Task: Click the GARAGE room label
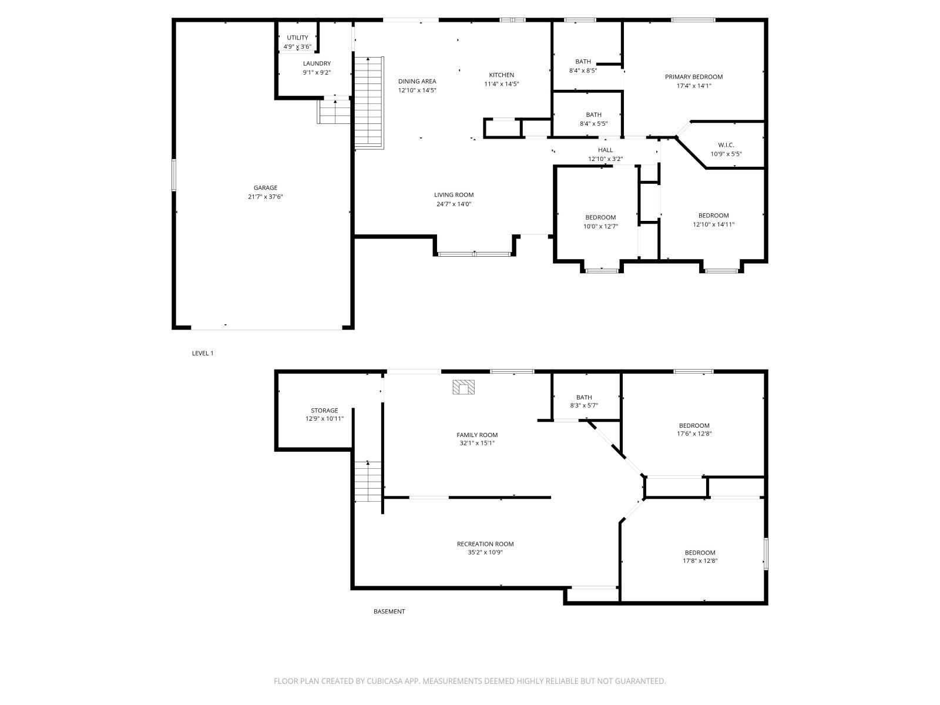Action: point(266,188)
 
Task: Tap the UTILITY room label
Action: point(297,38)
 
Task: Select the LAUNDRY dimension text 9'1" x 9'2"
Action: point(317,73)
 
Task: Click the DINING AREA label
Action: point(417,82)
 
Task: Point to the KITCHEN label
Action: point(501,75)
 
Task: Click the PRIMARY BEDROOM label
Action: point(693,77)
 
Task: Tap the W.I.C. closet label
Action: point(726,145)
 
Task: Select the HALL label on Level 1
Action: point(605,150)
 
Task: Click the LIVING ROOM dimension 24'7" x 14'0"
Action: point(454,204)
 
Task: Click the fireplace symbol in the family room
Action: point(464,387)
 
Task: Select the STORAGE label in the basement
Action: point(324,411)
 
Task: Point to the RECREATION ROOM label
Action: point(485,544)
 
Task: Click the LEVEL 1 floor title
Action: point(203,353)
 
